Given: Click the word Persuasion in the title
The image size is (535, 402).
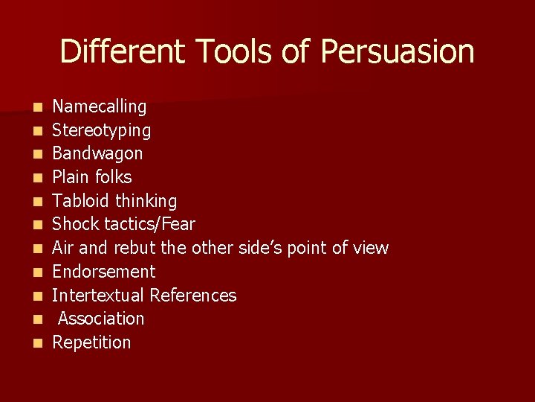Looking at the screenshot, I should point(398,52).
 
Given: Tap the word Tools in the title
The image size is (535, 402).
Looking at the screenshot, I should point(236,52).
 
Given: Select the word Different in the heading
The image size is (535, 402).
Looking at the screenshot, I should point(121,52).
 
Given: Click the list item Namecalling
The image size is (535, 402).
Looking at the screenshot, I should point(99,107).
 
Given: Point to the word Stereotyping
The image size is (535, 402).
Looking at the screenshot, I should point(101,131).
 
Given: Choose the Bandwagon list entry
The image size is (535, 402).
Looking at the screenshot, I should point(97,154).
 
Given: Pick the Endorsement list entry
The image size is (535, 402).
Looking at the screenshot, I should point(103,272).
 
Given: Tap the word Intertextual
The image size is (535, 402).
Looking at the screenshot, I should point(98,296).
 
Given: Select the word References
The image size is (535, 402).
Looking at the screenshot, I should point(193,296).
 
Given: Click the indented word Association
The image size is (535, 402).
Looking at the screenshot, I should point(101,319).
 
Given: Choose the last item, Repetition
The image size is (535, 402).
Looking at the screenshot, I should point(91,342).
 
